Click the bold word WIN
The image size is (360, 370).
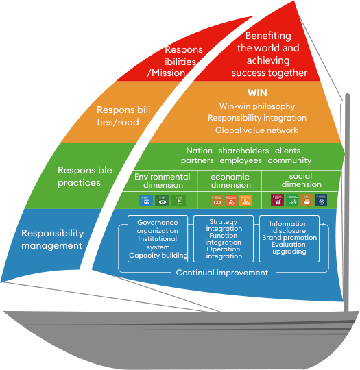(256, 92)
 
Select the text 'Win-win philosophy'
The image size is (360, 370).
(256, 106)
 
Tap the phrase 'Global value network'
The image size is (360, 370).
(256, 130)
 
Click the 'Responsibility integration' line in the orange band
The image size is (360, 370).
(256, 118)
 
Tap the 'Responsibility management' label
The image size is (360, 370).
(52, 239)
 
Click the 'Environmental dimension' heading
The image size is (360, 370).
(162, 181)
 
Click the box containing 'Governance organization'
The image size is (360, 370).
(158, 239)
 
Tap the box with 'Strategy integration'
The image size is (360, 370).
(224, 239)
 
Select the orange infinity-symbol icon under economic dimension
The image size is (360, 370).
(217, 200)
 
